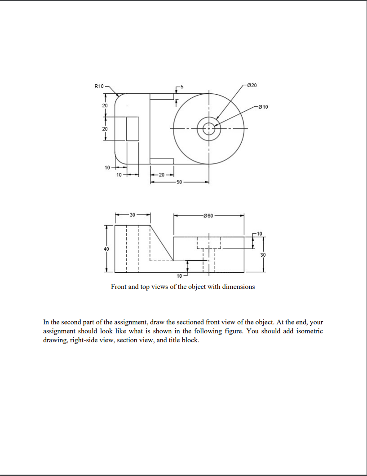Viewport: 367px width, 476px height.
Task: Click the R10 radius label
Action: [99, 85]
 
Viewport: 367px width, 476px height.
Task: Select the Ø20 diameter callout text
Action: [252, 85]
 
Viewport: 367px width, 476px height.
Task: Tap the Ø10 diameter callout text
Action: [263, 107]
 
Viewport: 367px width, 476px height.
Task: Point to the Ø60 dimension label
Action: [208, 216]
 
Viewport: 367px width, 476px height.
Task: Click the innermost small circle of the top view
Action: [208, 129]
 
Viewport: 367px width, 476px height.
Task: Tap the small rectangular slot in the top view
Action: [132, 129]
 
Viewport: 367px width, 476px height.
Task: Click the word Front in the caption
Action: [119, 287]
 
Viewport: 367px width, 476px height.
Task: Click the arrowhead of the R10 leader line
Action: [118, 96]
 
